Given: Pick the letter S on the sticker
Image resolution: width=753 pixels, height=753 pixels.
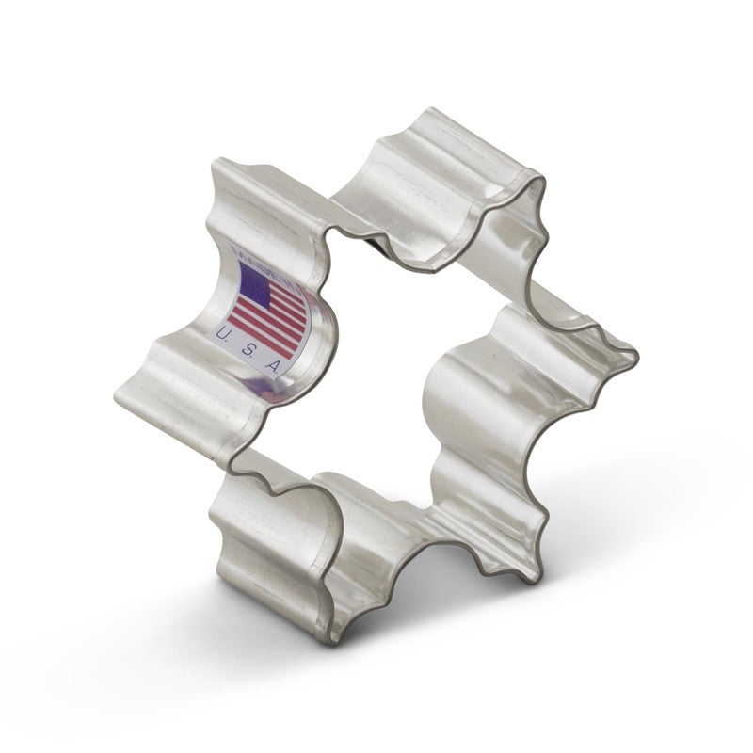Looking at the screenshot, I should click(x=248, y=354).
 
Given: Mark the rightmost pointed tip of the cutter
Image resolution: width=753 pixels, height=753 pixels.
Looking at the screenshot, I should click(x=638, y=359).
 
